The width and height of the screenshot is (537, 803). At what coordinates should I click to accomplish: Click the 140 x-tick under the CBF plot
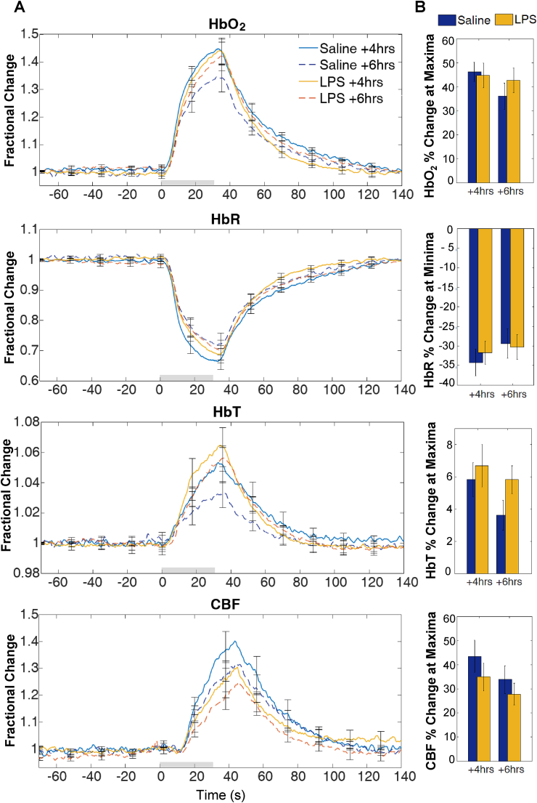[396, 776]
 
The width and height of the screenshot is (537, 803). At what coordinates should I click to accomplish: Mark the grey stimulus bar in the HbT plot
[188, 569]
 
